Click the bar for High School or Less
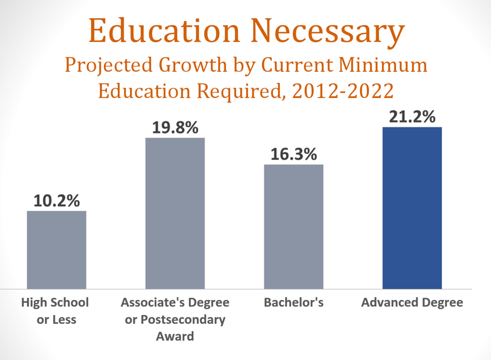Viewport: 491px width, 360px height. tap(57, 250)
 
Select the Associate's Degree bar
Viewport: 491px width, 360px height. tap(175, 213)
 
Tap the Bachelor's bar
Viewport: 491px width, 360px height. tap(293, 226)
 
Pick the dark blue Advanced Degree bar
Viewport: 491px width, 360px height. tap(412, 208)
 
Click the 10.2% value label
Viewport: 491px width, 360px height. tap(57, 201)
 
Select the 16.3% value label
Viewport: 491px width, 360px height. tap(293, 155)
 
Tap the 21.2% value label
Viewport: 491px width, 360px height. tap(412, 117)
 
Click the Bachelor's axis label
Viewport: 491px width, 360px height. tap(293, 303)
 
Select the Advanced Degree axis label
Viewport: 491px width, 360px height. tap(412, 303)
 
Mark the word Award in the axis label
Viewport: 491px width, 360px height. tap(175, 337)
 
